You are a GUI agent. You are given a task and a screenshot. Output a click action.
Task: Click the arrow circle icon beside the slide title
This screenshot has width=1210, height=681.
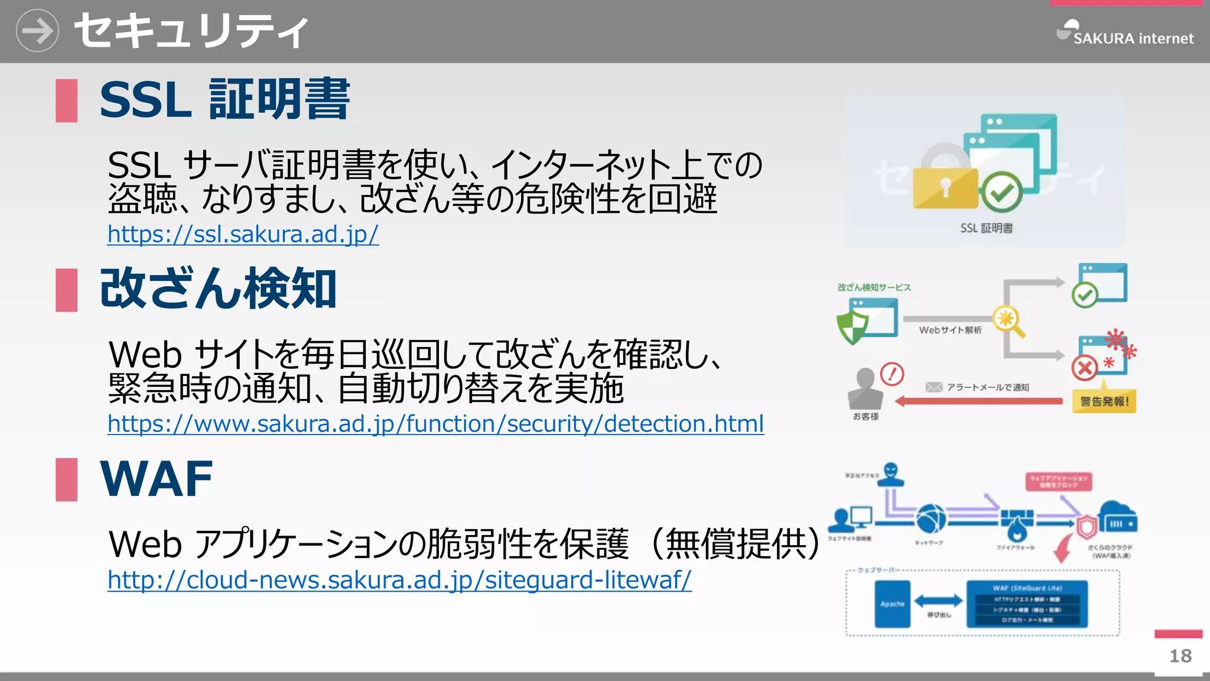[x=37, y=31]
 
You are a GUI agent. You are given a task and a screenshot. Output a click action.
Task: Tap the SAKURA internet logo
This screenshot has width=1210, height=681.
[x=1125, y=34]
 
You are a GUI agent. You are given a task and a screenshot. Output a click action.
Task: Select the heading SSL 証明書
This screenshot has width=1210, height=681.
[x=225, y=100]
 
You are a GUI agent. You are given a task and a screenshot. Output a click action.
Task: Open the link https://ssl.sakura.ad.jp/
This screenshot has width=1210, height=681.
[x=243, y=235]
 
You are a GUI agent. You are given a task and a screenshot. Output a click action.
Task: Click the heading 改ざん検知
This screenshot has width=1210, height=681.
[x=218, y=289]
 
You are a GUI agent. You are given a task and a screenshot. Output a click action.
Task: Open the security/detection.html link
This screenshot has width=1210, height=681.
[x=435, y=424]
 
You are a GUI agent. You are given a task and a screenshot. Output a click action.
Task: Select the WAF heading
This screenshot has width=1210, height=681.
[x=157, y=479]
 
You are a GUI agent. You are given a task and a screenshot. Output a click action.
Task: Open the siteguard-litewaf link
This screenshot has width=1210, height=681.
[x=399, y=580]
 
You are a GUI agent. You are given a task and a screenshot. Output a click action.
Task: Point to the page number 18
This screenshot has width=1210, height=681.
[x=1180, y=656]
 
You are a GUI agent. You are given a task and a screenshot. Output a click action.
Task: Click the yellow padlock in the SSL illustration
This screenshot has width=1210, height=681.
[x=945, y=186]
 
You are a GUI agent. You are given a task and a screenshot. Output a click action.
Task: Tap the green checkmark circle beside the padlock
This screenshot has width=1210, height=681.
[x=1002, y=192]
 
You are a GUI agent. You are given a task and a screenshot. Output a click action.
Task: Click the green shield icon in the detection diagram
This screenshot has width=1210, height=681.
[x=852, y=327]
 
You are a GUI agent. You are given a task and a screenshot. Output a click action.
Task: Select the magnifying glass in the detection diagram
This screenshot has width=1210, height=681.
[x=1009, y=322]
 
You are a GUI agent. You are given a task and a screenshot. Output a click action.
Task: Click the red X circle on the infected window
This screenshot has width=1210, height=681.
[x=1085, y=368]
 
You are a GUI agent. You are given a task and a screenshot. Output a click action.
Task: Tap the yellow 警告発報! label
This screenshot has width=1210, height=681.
[x=1104, y=401]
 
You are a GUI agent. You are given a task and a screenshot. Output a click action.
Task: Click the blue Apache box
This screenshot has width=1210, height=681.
[x=892, y=604]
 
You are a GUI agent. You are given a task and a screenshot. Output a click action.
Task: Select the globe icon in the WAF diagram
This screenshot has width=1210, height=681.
[x=931, y=518]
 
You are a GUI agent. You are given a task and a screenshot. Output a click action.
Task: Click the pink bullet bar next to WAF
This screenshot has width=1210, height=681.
[x=67, y=479]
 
